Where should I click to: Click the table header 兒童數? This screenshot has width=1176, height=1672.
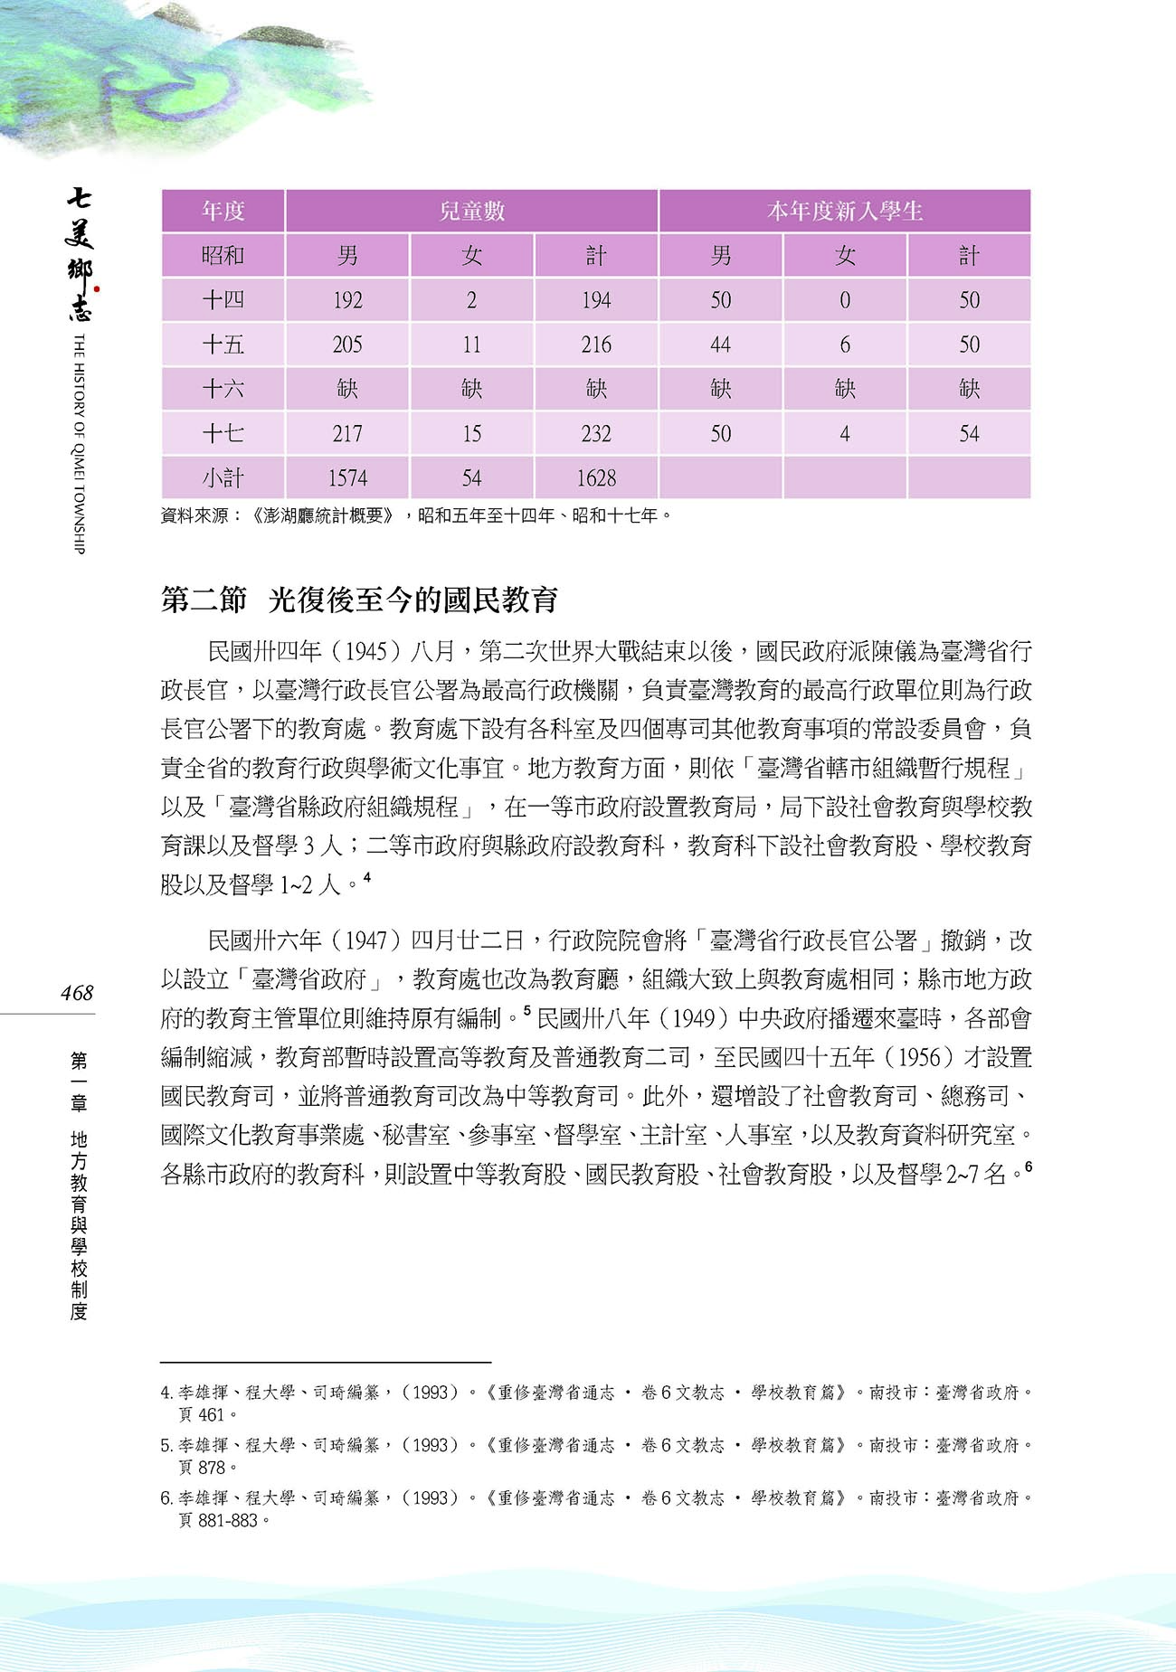[471, 211]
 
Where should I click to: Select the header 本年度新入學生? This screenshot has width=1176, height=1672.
[844, 211]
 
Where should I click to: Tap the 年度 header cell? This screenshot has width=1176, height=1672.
[223, 211]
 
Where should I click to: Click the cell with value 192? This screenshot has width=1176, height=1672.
[347, 300]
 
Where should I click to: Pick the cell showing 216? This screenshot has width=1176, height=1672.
[596, 345]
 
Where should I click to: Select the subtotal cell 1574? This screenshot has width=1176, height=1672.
[347, 477]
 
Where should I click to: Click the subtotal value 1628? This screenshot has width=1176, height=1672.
[596, 477]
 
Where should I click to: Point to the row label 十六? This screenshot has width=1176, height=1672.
[223, 389]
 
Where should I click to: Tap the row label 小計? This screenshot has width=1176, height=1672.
[223, 477]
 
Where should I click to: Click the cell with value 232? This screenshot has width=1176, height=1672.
[596, 433]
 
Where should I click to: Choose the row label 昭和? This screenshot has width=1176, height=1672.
[223, 256]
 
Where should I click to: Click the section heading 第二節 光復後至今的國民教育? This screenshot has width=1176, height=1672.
[359, 600]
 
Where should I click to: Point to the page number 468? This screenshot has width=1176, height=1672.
[77, 993]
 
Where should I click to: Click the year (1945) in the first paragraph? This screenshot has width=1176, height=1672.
[367, 651]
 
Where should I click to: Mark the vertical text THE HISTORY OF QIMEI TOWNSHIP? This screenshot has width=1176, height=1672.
[79, 443]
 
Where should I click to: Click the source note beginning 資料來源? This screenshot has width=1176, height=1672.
[416, 516]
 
